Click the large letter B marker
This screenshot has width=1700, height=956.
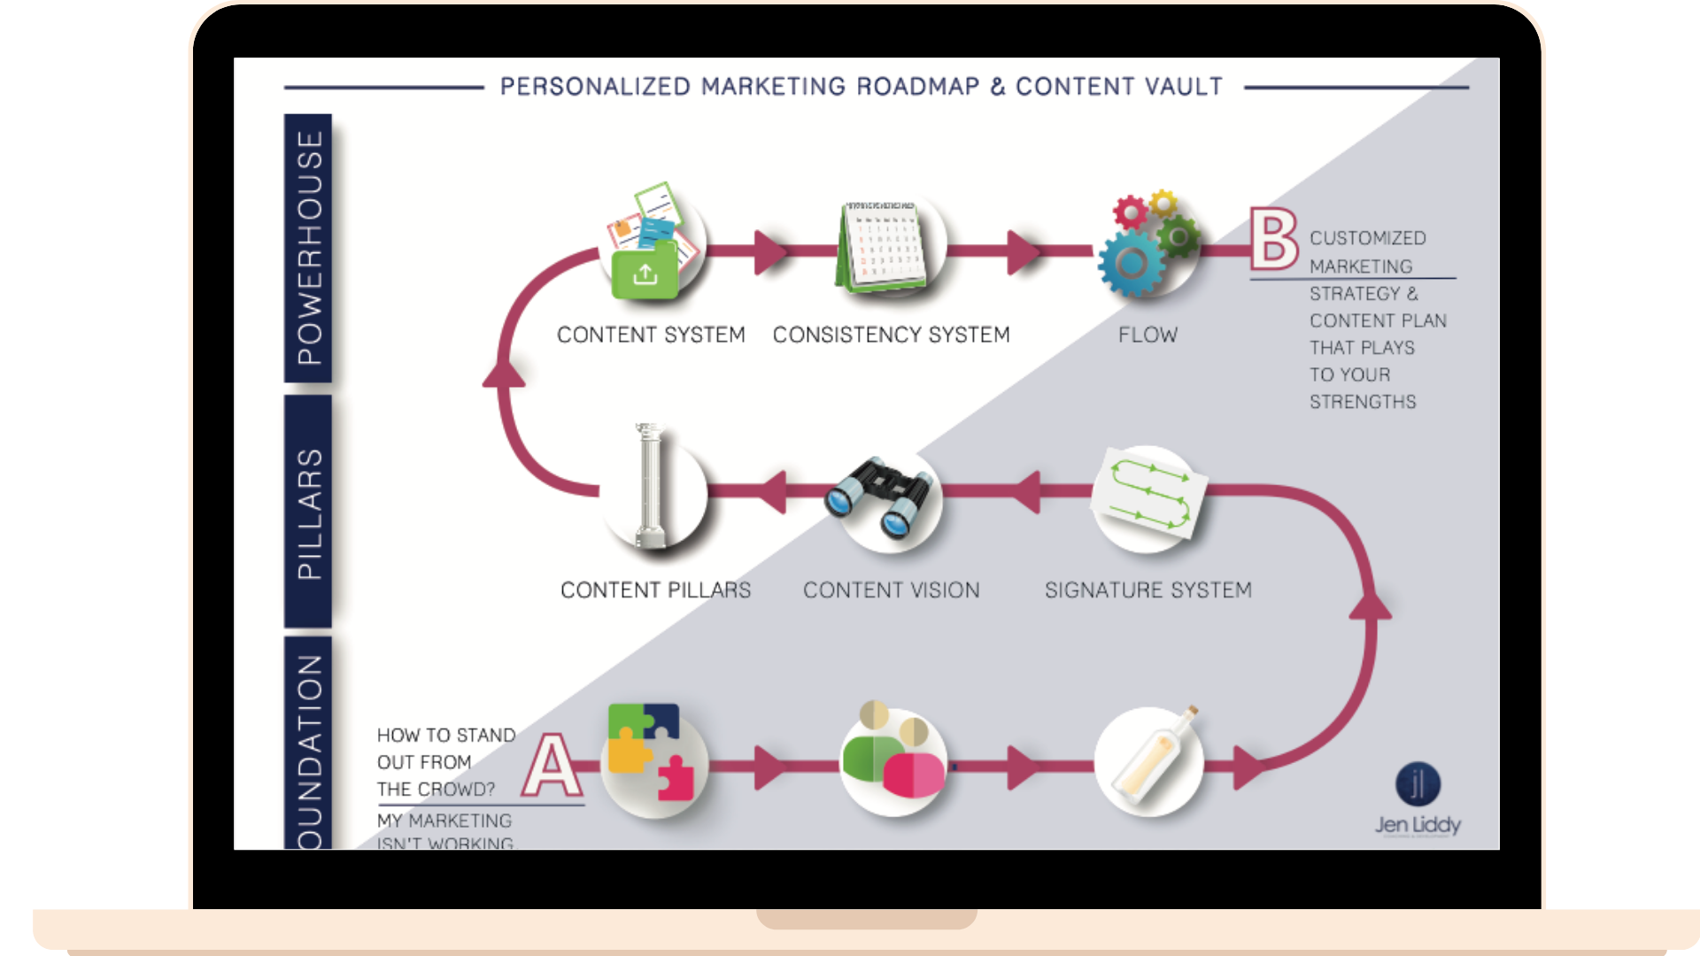1273,239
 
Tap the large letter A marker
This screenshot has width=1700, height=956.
552,766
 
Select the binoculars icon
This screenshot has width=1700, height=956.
879,497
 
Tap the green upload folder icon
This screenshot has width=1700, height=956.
645,274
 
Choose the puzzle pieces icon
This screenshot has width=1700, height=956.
652,752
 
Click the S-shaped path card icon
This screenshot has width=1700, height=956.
1149,493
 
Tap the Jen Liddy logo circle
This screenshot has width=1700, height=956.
1418,784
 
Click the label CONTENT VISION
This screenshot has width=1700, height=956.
891,590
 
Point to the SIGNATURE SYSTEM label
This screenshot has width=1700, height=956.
1147,590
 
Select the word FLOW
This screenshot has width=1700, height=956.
1147,335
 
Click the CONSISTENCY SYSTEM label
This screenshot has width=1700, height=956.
891,335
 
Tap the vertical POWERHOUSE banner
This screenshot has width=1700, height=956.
308,248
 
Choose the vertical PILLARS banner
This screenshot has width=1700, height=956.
308,512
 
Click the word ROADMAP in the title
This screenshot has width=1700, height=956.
918,87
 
